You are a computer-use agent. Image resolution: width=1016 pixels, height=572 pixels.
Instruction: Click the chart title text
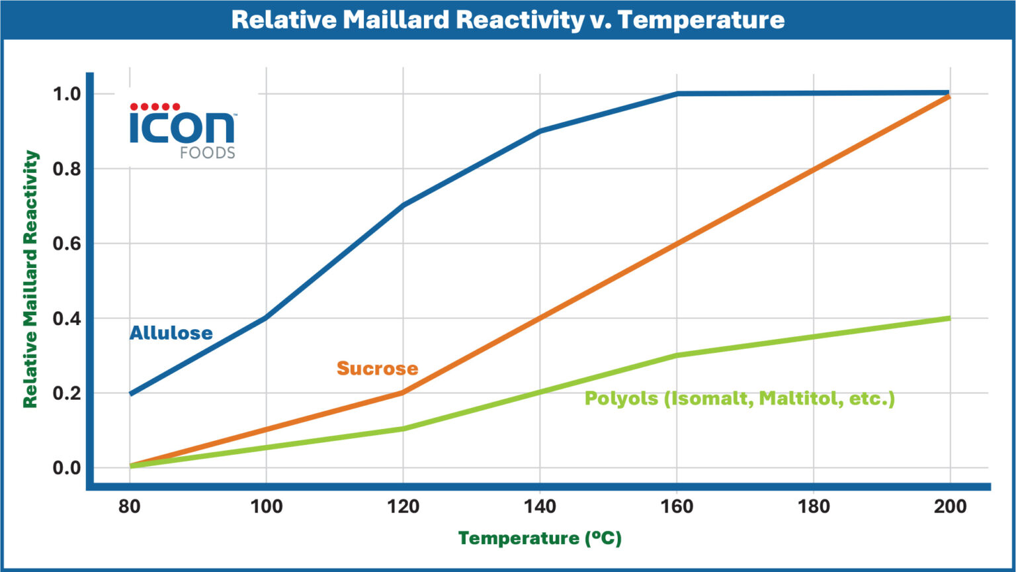click(x=507, y=20)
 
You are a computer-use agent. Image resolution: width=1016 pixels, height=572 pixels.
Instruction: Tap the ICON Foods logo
click(x=183, y=131)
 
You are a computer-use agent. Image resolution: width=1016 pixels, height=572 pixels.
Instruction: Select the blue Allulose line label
click(x=171, y=332)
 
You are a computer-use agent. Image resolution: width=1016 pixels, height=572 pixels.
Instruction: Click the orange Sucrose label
click(x=377, y=368)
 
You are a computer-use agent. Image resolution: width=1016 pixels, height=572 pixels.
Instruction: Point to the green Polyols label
click(x=740, y=399)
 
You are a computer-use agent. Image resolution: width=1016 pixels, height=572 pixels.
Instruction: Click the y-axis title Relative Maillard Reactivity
click(x=30, y=279)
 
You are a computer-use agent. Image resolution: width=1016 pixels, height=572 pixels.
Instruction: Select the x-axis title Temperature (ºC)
click(x=540, y=538)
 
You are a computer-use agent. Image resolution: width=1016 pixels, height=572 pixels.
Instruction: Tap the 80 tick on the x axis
click(x=130, y=506)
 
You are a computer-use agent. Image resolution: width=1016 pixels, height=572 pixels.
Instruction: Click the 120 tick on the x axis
click(x=403, y=506)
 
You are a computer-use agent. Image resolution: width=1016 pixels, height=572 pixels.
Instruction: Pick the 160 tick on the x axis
click(x=677, y=506)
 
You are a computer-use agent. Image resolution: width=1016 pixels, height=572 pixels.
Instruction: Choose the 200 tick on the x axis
click(x=950, y=506)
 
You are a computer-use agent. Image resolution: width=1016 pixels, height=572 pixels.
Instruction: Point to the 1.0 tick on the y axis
click(x=66, y=93)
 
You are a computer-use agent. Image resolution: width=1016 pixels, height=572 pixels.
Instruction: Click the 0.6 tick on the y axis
click(x=66, y=244)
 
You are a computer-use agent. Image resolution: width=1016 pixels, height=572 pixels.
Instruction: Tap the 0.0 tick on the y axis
click(x=66, y=468)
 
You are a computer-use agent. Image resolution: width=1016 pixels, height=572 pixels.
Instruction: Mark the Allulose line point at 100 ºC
click(x=266, y=318)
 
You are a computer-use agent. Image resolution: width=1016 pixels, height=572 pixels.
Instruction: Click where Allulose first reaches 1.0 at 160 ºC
click(x=677, y=94)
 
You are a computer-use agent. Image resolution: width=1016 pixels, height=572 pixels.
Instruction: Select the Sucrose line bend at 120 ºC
click(x=403, y=393)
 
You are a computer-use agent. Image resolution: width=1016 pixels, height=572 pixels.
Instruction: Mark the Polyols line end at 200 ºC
click(x=949, y=318)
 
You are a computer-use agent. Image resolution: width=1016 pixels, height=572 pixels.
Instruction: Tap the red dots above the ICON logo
click(x=155, y=107)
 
